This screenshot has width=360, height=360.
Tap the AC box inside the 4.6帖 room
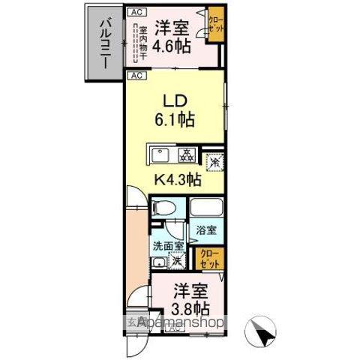click(136, 12)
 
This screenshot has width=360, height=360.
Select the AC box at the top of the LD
click(136, 76)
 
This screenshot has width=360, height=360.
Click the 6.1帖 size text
click(175, 119)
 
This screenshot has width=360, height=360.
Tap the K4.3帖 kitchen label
click(177, 180)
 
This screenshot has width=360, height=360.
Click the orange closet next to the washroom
click(208, 259)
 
